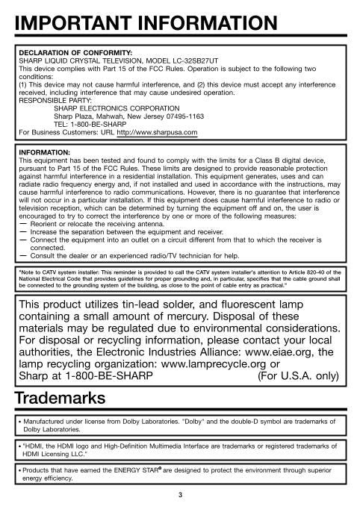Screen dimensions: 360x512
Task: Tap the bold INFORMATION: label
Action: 44,152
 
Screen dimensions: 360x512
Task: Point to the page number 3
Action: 179,495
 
